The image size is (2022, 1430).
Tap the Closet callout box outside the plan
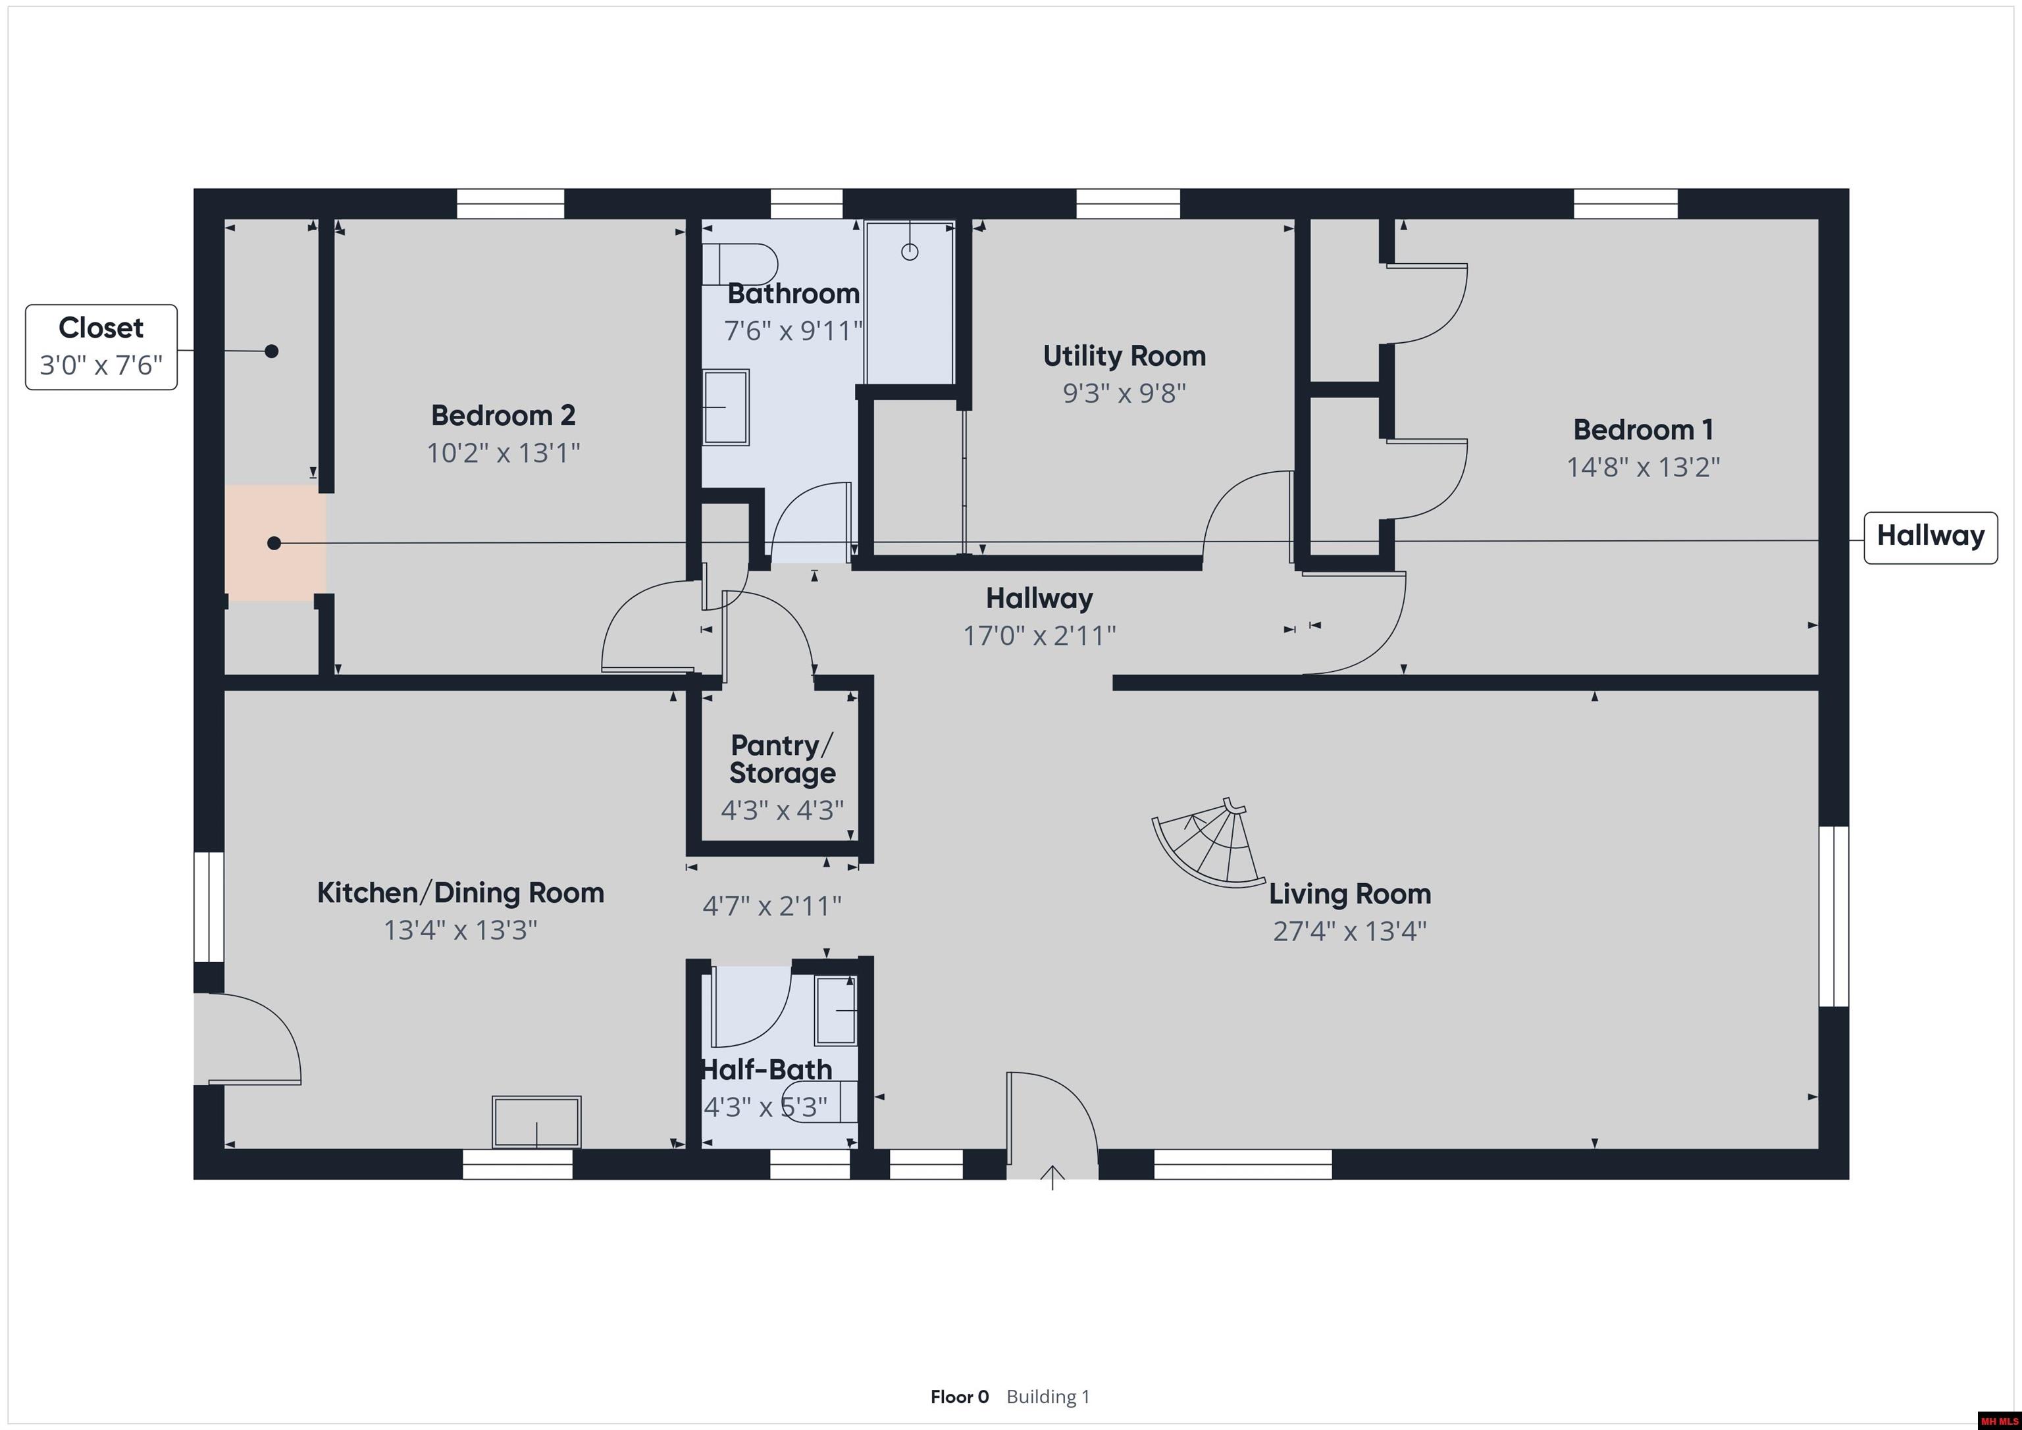click(101, 347)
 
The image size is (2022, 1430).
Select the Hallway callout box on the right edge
click(1931, 537)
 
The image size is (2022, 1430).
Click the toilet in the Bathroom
click(740, 263)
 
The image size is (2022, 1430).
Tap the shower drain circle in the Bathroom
click(910, 253)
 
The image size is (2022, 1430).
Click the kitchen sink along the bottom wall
click(536, 1122)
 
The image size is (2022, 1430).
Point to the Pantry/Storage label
click(782, 759)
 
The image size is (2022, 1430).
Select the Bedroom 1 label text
click(1644, 430)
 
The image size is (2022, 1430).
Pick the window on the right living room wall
click(1834, 916)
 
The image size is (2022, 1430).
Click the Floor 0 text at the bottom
click(959, 1396)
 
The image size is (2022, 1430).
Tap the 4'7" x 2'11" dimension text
click(772, 906)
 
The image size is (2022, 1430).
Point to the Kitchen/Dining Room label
click(461, 893)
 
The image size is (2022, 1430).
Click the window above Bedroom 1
click(1626, 203)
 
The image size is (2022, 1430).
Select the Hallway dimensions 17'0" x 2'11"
click(1039, 636)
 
